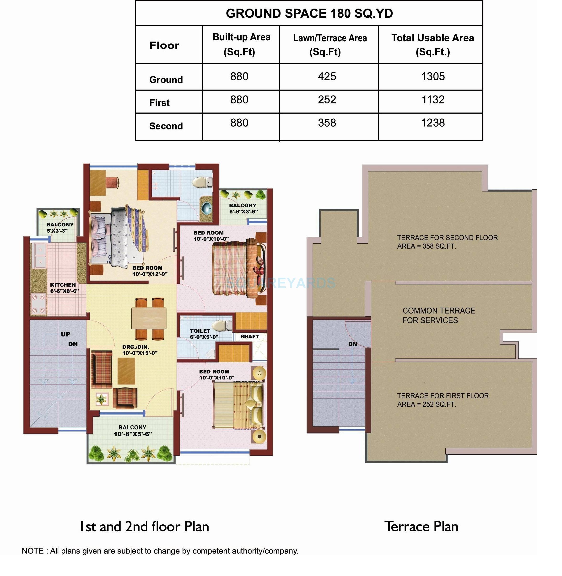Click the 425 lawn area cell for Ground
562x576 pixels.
(327, 77)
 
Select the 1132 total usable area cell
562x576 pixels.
(433, 100)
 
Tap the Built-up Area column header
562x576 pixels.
(241, 44)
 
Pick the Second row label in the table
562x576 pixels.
(166, 126)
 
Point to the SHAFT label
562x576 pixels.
(249, 336)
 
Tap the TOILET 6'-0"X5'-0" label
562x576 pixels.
(204, 334)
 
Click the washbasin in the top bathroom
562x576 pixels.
(207, 208)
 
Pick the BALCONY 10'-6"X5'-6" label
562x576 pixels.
(133, 431)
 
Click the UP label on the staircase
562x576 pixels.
(65, 334)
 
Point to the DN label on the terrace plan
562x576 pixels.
(352, 344)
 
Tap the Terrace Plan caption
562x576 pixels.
(421, 527)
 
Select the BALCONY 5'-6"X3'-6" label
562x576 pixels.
(243, 208)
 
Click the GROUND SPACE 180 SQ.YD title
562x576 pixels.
(309, 14)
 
